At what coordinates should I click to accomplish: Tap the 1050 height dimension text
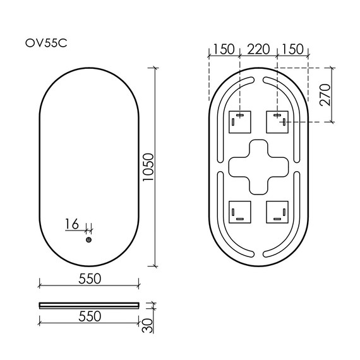148,165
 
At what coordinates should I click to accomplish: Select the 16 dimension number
71,224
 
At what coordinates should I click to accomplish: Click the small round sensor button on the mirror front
88,239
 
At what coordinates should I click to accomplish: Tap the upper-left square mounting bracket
239,121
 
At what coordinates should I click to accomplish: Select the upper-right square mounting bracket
277,121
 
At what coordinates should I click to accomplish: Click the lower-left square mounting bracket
239,212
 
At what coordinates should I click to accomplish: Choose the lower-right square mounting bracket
277,212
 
